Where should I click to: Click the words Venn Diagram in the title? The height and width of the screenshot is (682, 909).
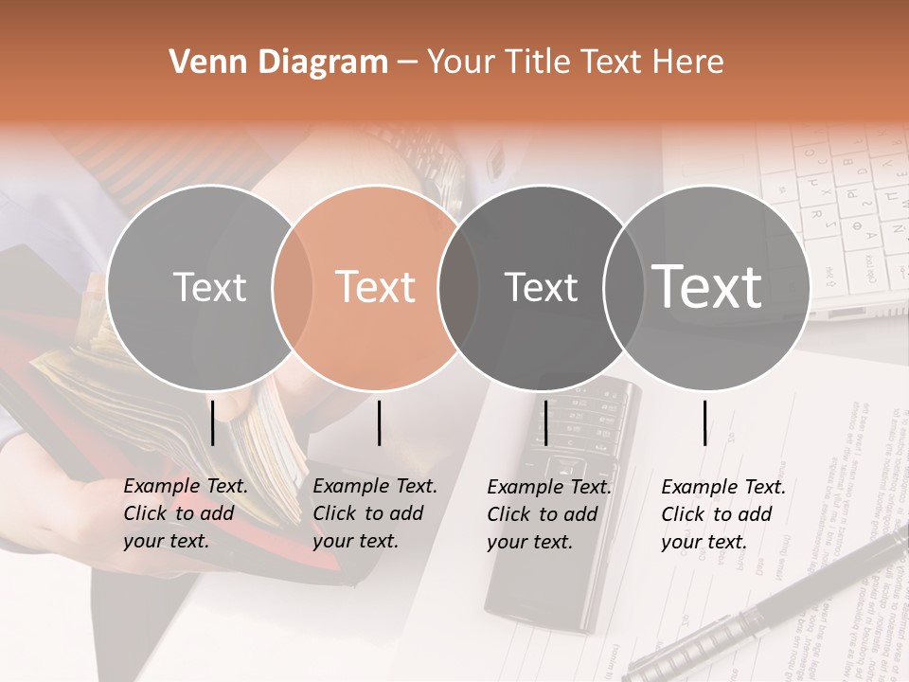click(278, 63)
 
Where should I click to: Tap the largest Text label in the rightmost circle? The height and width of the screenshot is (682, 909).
click(707, 287)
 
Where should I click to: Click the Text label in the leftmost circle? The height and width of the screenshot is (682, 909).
click(209, 287)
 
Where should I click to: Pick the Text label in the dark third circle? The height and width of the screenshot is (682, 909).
click(541, 287)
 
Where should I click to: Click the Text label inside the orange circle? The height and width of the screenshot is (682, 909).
click(376, 287)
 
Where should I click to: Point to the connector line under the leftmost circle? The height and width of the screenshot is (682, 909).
click(212, 422)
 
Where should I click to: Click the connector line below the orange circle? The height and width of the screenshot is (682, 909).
click(379, 422)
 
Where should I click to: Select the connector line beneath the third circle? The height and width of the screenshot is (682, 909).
click(545, 422)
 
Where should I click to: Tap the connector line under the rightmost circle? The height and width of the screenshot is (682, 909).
click(704, 422)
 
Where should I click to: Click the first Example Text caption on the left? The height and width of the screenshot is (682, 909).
click(186, 513)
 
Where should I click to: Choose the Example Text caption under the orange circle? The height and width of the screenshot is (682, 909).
click(375, 513)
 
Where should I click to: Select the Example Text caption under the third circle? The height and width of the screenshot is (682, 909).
click(549, 513)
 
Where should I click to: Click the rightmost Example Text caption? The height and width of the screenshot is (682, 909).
click(723, 513)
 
